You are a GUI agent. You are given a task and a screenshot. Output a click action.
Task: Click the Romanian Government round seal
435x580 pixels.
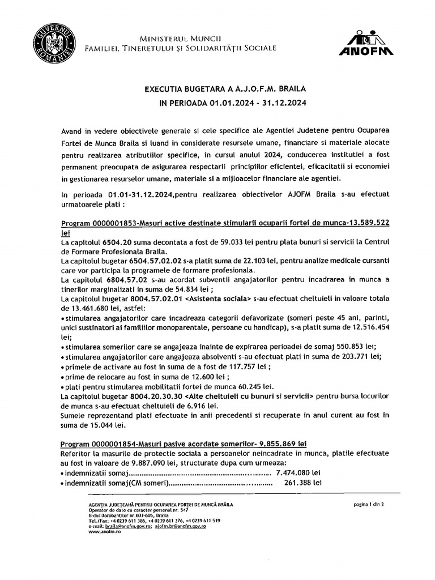coord(54,40)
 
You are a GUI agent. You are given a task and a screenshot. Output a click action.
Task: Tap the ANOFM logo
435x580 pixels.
coord(366,44)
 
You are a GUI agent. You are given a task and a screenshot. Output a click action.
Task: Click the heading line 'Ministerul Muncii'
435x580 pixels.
coord(180,37)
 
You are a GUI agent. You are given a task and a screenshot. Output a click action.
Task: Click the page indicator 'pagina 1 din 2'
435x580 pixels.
coord(368,504)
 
